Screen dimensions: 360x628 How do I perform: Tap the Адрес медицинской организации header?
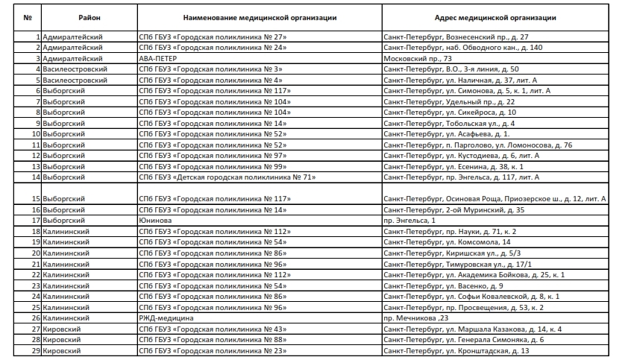(494, 16)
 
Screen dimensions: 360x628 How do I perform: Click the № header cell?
(28, 16)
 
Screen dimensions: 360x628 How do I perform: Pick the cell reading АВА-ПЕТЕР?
(158, 57)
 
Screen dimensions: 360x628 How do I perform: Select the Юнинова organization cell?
(156, 221)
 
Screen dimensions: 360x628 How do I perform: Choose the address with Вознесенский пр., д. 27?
(455, 36)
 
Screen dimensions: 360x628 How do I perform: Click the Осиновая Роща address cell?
(493, 199)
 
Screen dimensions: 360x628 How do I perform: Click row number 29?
(34, 350)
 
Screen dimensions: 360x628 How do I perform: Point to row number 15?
(34, 199)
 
